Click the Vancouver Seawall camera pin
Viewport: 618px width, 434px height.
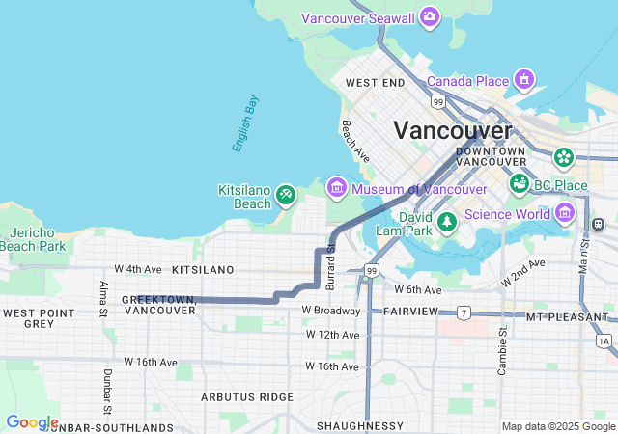point(430,16)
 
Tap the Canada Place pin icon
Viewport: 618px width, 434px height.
point(524,77)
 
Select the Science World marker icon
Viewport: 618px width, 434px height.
point(565,211)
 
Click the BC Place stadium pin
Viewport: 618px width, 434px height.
point(520,182)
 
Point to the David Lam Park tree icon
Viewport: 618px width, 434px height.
point(446,223)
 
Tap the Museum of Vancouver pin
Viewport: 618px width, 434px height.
point(336,187)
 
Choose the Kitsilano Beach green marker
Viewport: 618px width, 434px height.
point(285,196)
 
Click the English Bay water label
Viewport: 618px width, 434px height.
point(245,123)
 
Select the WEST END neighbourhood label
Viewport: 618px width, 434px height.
point(374,84)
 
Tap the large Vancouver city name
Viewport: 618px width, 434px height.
point(452,130)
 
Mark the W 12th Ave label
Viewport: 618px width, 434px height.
point(331,334)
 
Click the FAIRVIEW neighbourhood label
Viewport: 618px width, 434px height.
point(411,311)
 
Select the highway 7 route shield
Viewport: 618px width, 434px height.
point(463,312)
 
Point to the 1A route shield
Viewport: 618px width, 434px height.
point(604,340)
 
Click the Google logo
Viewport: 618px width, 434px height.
point(31,422)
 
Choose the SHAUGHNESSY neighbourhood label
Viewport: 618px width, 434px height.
point(359,425)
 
